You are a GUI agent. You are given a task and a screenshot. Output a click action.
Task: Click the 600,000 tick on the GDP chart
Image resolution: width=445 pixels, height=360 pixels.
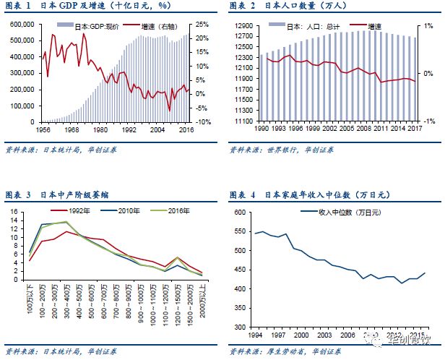pos(24,24)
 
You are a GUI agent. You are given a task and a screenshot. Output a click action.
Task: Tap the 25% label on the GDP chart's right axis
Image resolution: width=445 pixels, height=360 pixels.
pos(203,24)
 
